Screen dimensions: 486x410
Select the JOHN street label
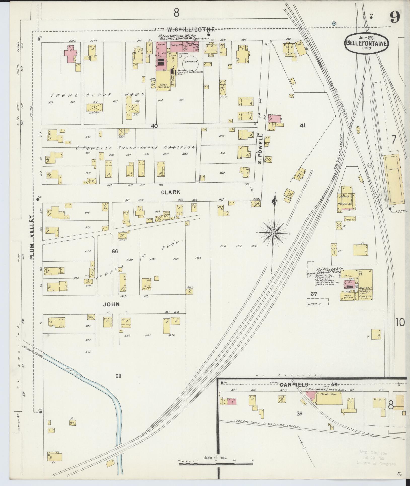(111, 304)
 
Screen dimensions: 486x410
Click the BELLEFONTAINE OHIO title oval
(366, 43)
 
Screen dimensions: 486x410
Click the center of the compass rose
(273, 233)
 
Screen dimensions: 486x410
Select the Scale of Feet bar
(216, 461)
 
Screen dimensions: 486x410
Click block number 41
(302, 125)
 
